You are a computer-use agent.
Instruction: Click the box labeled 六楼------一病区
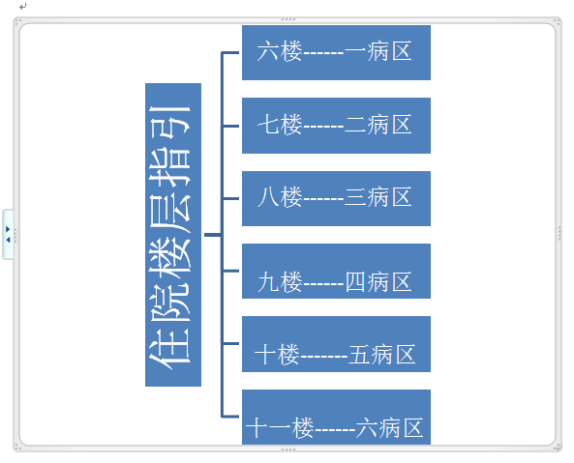pyautogui.click(x=336, y=52)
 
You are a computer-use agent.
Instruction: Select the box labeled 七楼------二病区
pyautogui.click(x=336, y=126)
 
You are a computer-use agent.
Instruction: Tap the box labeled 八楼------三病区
pyautogui.click(x=336, y=198)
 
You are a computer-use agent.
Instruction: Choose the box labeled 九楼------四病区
pyautogui.click(x=336, y=272)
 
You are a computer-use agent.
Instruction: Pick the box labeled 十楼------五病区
pyautogui.click(x=336, y=344)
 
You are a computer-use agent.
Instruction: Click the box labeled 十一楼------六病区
pyautogui.click(x=336, y=417)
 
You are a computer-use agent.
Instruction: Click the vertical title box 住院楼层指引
pyautogui.click(x=173, y=235)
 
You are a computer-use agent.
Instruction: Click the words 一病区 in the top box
pyautogui.click(x=378, y=51)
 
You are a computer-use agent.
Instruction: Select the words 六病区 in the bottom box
pyautogui.click(x=389, y=428)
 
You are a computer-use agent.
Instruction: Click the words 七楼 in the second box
pyautogui.click(x=280, y=125)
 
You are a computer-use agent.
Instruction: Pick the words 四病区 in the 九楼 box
pyautogui.click(x=378, y=281)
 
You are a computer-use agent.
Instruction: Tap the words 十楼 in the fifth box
pyautogui.click(x=277, y=355)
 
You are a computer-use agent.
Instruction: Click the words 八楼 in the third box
pyautogui.click(x=280, y=197)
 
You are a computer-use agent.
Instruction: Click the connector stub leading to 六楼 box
pyautogui.click(x=230, y=53)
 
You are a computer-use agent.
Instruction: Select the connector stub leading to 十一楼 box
pyautogui.click(x=230, y=417)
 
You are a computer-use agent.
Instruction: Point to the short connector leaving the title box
pyautogui.click(x=213, y=235)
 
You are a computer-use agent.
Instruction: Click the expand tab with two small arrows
pyautogui.click(x=8, y=234)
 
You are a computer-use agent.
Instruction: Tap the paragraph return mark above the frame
pyautogui.click(x=23, y=6)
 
